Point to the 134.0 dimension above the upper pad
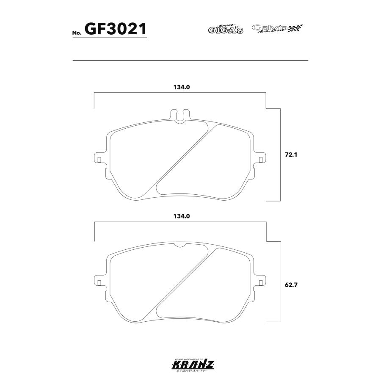click(180, 88)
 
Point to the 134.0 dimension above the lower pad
click(180, 216)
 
